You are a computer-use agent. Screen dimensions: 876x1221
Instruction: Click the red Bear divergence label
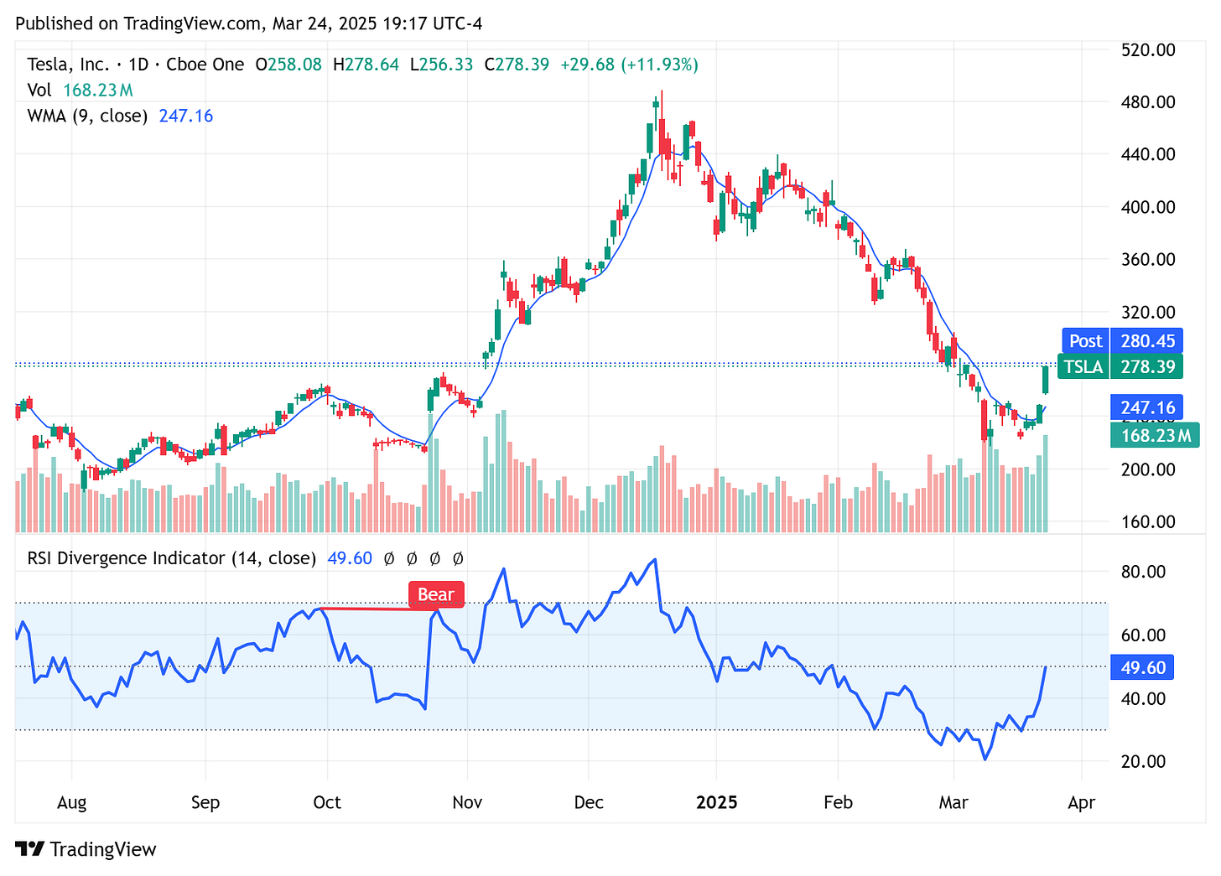click(435, 594)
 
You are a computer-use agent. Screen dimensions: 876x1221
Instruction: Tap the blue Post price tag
click(1085, 340)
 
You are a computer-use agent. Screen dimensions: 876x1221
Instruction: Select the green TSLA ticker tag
click(1083, 366)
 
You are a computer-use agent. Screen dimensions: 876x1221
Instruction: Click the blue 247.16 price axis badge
click(1146, 407)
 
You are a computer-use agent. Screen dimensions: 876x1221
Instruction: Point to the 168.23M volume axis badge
click(1155, 435)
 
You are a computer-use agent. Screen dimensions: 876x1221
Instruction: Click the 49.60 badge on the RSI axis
click(1143, 667)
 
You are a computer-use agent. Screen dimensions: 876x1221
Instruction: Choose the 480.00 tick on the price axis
click(1148, 102)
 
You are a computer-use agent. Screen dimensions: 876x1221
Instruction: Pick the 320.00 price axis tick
click(1148, 312)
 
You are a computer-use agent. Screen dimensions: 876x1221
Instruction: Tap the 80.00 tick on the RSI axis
click(1143, 572)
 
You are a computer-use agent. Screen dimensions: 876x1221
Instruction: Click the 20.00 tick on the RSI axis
click(1143, 761)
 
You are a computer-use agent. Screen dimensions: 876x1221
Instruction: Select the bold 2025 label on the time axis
click(717, 802)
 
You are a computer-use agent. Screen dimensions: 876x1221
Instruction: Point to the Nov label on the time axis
click(467, 802)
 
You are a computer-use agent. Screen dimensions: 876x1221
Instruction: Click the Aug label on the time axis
click(72, 802)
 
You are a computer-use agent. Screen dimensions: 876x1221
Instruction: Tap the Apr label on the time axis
click(1082, 802)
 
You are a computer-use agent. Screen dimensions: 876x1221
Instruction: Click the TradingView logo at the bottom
click(86, 849)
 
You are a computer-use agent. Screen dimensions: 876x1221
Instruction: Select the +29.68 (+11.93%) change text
click(629, 65)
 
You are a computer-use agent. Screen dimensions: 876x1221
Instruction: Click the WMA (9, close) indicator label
click(87, 116)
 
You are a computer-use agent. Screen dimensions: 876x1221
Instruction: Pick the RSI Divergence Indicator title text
click(171, 558)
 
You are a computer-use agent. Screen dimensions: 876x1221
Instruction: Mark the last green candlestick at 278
click(1045, 380)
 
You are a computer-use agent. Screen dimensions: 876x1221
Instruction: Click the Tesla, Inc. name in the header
click(68, 65)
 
